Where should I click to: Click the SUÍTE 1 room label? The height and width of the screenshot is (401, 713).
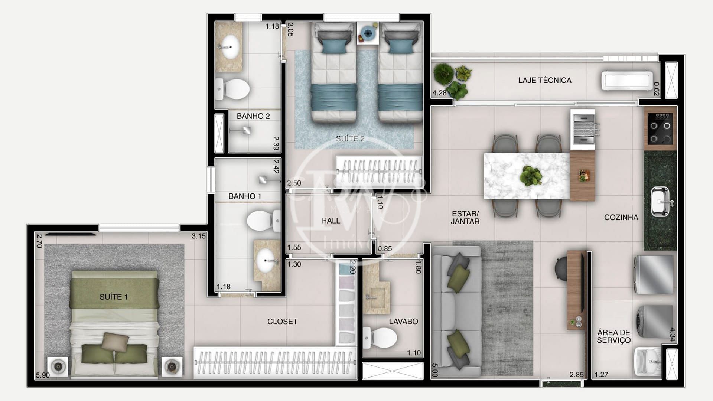click(114, 297)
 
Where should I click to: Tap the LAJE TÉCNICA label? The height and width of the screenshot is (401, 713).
click(544, 80)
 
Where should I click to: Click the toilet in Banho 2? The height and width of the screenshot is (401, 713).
click(233, 89)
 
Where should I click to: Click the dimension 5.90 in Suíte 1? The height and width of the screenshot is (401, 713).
click(42, 375)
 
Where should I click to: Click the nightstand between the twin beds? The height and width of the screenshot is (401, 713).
click(368, 33)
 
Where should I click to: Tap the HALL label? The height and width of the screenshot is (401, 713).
click(331, 221)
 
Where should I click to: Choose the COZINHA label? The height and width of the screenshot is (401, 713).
click(621, 218)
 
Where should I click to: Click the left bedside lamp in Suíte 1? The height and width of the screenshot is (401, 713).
click(58, 367)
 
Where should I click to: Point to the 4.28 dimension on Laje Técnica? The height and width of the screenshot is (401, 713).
click(439, 93)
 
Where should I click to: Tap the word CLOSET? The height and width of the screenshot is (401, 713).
click(282, 322)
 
